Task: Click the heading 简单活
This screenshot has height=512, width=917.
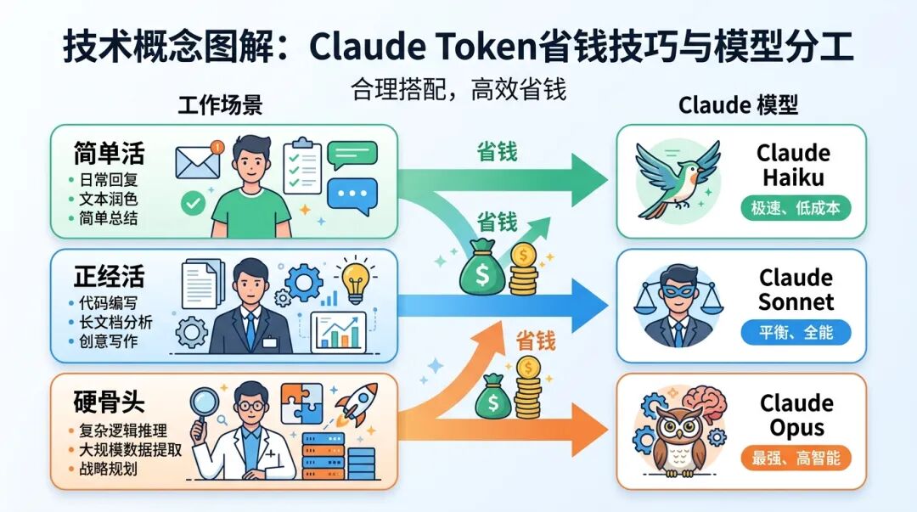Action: tap(109, 153)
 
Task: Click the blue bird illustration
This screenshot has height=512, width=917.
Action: tap(677, 179)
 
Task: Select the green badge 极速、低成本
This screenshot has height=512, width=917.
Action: tap(795, 208)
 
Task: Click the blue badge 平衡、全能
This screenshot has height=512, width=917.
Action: tap(796, 333)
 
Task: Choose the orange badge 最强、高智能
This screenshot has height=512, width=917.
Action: tap(796, 459)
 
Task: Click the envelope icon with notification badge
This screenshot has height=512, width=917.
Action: tap(197, 160)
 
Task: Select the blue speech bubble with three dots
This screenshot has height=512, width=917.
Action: tap(351, 194)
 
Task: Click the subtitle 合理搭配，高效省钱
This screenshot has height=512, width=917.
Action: tap(458, 90)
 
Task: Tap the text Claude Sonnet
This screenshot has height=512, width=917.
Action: tap(796, 290)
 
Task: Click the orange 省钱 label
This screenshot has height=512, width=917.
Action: tap(535, 340)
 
